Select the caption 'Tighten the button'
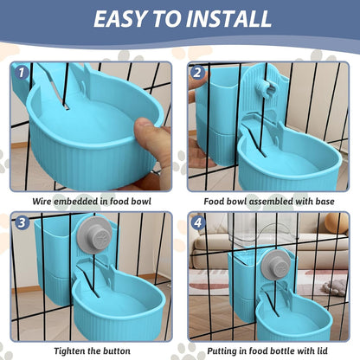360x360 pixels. click(x=93, y=350)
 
